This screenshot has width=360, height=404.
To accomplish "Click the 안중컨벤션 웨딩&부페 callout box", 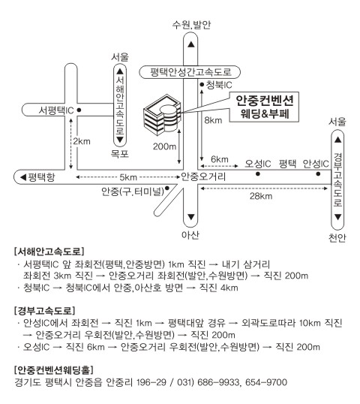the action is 264,107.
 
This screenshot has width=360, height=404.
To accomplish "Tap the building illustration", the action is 162,115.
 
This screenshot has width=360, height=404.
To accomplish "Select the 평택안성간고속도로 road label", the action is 190,72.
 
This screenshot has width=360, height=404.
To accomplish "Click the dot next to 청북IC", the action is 202,85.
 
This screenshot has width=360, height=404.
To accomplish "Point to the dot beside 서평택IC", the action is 79,110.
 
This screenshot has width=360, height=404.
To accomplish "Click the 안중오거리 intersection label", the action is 203,176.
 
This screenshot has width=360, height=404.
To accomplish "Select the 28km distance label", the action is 261,196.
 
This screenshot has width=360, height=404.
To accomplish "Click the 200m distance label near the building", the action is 165,146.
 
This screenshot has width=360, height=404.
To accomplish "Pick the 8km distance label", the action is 213,120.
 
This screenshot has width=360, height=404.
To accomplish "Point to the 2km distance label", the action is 82,141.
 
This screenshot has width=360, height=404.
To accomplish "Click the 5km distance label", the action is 128,177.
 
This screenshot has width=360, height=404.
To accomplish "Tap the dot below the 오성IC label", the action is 258,174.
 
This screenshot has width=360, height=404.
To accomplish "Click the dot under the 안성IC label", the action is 318,174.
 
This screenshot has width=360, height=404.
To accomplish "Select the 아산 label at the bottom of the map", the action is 190,235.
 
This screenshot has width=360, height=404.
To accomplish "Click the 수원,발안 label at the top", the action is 191,25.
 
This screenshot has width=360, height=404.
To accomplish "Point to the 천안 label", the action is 337,237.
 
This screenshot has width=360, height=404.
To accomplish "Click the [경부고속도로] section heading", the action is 44,310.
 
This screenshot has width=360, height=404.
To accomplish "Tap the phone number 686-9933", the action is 218,381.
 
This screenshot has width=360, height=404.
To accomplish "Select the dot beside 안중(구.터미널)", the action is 166,188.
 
